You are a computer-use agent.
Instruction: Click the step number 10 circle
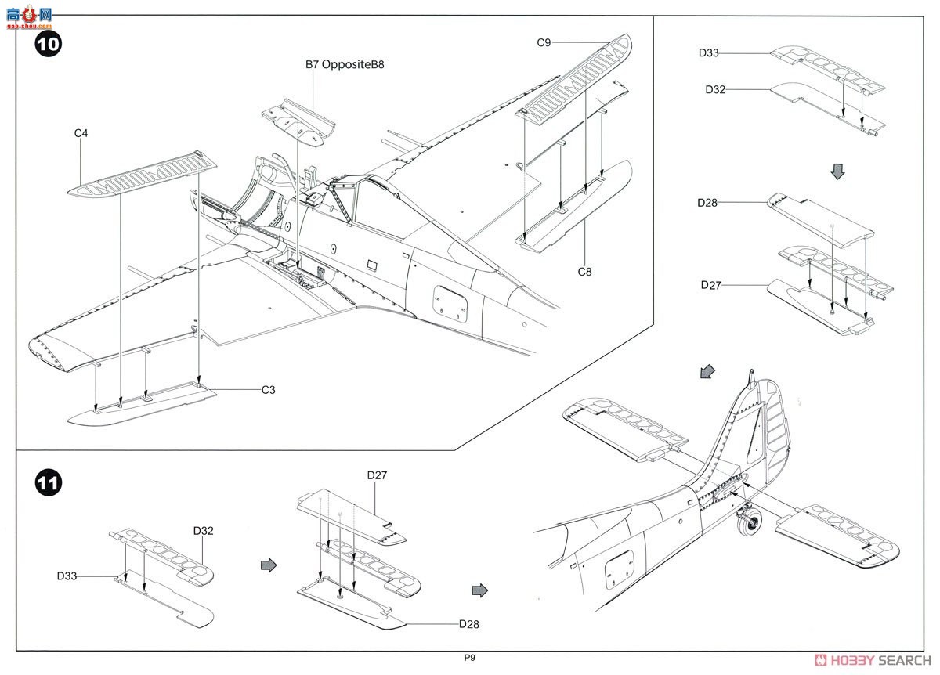tap(47, 44)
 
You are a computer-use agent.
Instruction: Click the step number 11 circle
tap(47, 483)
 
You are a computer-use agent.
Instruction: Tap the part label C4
tap(81, 133)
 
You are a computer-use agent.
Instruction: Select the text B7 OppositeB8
tap(345, 65)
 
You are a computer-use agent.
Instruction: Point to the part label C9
tap(544, 42)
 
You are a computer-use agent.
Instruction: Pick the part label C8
tap(584, 272)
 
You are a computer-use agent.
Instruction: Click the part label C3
tap(269, 389)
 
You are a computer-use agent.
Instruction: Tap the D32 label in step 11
tap(203, 530)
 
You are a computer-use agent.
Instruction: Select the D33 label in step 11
tap(67, 576)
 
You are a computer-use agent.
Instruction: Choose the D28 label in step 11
tap(469, 624)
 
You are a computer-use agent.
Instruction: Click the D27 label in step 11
tap(377, 475)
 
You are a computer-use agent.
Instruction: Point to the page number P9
tap(468, 658)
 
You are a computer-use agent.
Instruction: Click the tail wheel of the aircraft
tap(751, 523)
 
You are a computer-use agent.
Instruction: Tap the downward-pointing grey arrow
tap(837, 171)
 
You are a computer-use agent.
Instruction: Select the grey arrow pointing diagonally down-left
tap(707, 372)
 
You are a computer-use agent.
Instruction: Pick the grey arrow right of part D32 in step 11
tap(269, 565)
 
